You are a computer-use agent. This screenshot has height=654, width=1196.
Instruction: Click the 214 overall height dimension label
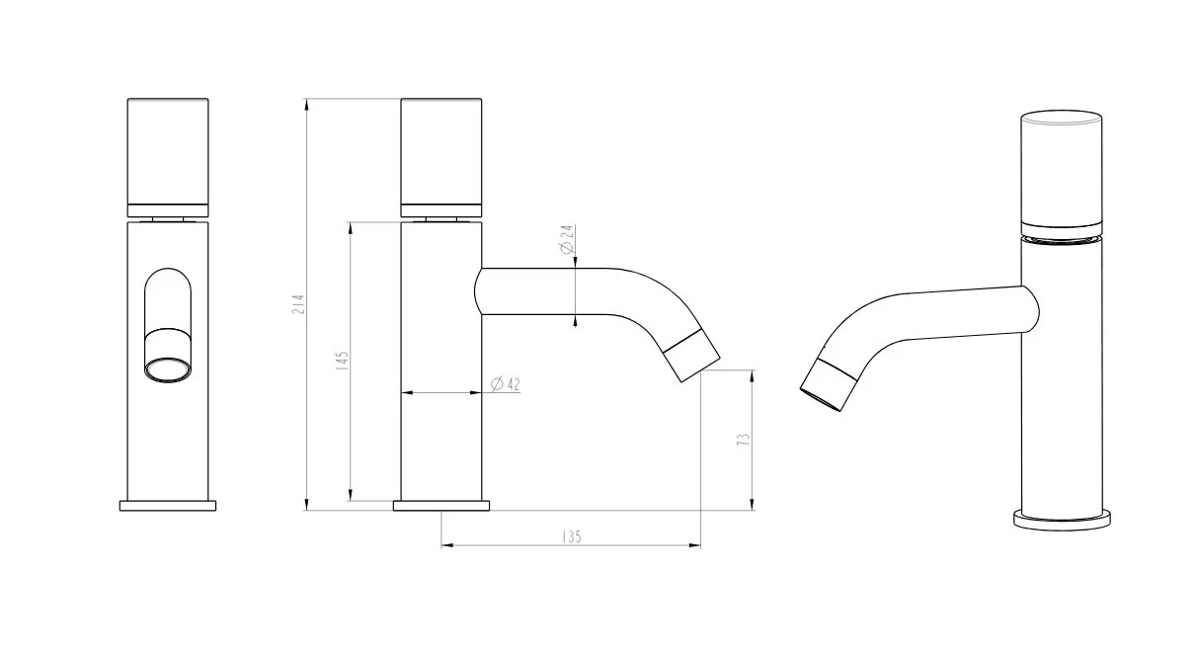coord(299,303)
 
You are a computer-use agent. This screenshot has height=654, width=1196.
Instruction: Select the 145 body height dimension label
coord(343,361)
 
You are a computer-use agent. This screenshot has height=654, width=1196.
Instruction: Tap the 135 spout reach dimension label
coord(571,536)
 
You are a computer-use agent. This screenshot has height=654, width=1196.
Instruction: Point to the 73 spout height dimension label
coord(744,440)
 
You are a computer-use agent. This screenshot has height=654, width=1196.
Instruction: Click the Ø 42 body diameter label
coord(505,384)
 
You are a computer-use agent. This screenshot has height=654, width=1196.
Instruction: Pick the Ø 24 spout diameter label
coord(567,240)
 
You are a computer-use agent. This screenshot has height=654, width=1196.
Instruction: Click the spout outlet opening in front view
coord(168,370)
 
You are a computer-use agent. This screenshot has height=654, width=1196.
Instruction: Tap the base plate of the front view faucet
coord(168,506)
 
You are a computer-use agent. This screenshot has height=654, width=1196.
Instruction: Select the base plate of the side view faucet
coord(441,506)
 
